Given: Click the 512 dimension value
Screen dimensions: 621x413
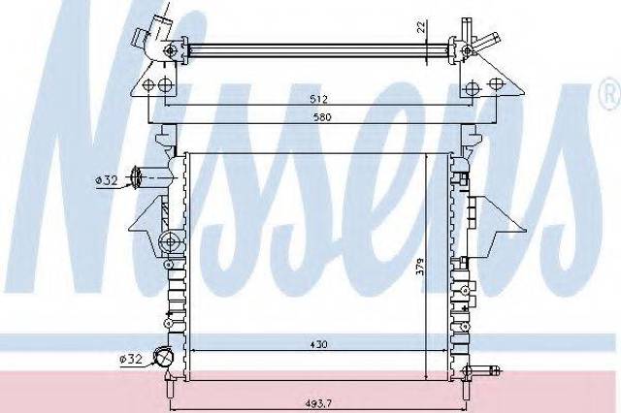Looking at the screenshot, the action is tap(318, 99).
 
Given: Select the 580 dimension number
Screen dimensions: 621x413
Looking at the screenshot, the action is tap(322, 117).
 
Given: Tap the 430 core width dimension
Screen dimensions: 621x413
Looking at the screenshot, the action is tap(318, 344).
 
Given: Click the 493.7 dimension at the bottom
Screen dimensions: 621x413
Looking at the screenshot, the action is tap(318, 403).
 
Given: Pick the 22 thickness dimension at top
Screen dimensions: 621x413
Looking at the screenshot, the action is tap(421, 26).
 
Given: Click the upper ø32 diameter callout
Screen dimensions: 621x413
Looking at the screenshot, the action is tap(107, 180).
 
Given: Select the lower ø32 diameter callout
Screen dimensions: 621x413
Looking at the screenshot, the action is tap(130, 359).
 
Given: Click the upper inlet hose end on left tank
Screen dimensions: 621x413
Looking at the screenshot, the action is tap(136, 178).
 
